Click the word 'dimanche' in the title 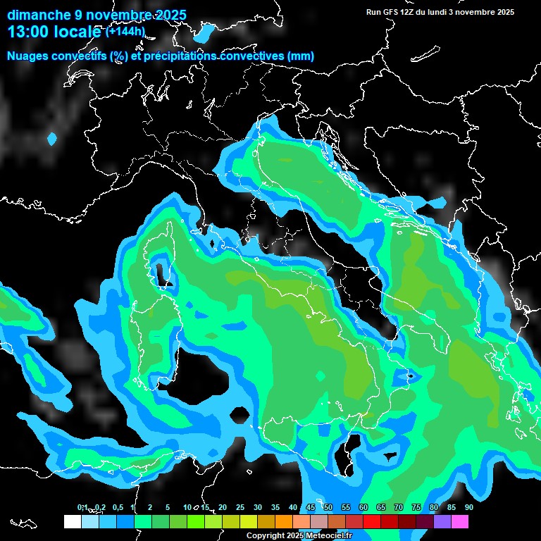tap(39, 15)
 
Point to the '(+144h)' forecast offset tap(125, 32)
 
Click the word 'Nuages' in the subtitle tap(28, 56)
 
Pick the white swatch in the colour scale tap(73, 521)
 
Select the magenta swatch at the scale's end tap(460, 521)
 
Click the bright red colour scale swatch tap(372, 521)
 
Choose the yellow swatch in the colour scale tap(249, 521)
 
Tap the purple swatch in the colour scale tap(442, 521)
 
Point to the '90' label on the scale tap(468, 507)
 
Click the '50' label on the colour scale tap(328, 507)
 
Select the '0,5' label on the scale tap(117, 507)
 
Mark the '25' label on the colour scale tap(240, 507)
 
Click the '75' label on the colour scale tap(416, 507)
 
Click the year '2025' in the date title tap(170, 15)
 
